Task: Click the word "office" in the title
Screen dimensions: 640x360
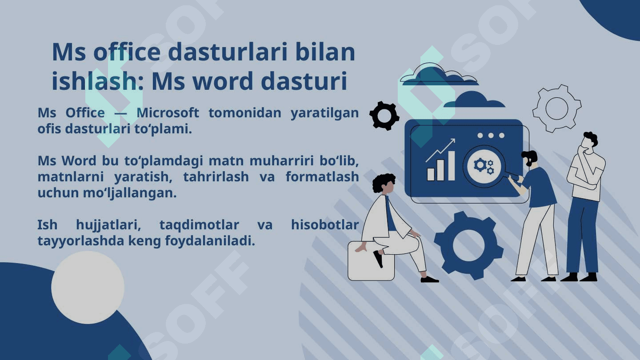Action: click(x=127, y=52)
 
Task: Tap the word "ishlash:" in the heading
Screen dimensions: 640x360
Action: click(x=98, y=81)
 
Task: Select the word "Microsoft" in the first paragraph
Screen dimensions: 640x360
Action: click(x=168, y=112)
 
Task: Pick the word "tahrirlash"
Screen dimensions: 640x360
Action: click(x=216, y=176)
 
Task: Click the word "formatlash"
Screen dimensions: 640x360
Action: click(x=322, y=176)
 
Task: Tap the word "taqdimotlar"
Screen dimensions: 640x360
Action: click(x=199, y=225)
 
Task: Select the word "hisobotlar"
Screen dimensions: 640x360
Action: click(x=325, y=224)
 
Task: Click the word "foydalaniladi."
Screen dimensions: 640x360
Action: click(x=210, y=241)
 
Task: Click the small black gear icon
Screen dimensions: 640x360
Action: click(x=384, y=116)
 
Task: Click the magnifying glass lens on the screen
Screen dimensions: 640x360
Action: click(x=484, y=166)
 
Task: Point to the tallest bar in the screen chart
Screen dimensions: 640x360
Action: click(x=452, y=166)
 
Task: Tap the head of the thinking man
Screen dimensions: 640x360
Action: click(x=590, y=140)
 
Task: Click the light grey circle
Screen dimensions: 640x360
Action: click(x=88, y=288)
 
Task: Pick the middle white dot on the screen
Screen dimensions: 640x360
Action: click(x=491, y=136)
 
